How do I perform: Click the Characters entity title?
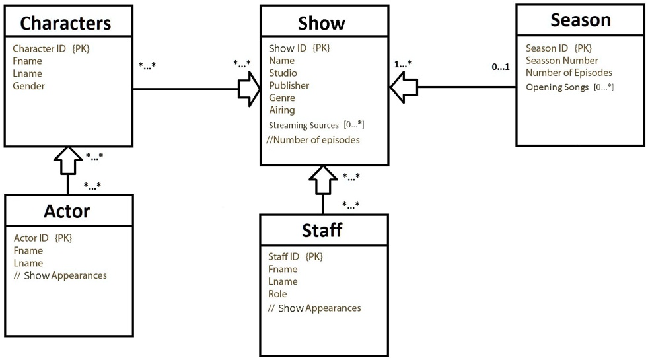65,23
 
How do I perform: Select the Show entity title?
322,23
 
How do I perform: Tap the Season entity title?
580,20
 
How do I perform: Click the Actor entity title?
66,211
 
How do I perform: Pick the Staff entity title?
322,231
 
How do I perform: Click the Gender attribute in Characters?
28,86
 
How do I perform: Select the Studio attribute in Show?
283,73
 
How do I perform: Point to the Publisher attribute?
289,85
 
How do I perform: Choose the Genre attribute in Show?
282,98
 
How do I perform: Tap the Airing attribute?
282,110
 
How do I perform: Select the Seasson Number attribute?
561,60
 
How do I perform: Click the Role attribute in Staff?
277,294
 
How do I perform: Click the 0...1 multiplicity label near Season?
501,67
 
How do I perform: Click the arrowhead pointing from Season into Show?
400,87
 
